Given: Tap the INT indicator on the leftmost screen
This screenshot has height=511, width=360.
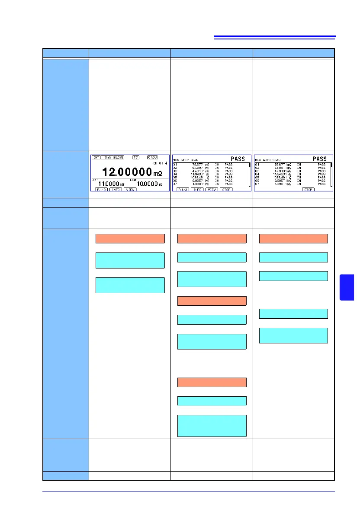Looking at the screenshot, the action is tap(96, 157).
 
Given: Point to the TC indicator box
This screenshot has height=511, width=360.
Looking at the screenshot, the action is tap(136, 157).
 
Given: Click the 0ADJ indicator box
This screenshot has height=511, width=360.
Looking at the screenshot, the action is tap(153, 157).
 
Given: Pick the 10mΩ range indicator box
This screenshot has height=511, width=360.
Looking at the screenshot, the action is tap(106, 157).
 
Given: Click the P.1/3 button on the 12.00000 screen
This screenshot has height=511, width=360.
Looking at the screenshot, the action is tap(100, 189).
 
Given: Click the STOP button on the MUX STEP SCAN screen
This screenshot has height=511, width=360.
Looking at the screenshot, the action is tap(226, 189).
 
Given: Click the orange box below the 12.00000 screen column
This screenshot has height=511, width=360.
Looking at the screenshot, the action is tap(130, 238).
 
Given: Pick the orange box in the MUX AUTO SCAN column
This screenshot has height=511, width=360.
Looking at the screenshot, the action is tap(293, 238).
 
